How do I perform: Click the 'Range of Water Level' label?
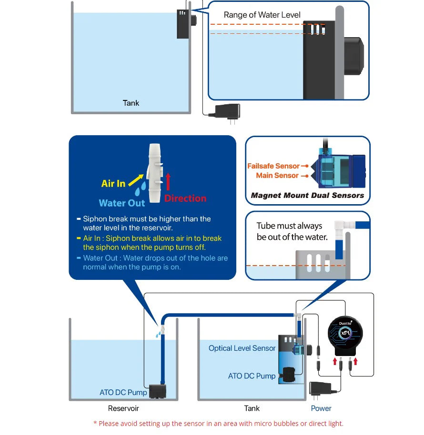262,15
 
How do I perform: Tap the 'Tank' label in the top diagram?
131,103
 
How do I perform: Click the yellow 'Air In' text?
113,183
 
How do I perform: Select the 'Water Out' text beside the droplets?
121,203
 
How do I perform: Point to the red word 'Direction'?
185,198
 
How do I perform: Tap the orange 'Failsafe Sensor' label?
273,166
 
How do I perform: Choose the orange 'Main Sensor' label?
277,176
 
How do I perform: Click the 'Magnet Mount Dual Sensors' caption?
307,195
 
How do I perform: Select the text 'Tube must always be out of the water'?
292,231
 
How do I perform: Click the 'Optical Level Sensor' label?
242,348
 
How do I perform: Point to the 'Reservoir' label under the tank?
123,408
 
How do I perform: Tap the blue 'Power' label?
321,408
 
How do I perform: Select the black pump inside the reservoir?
158,391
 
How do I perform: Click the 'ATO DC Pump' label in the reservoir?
123,393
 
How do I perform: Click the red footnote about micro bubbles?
218,424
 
